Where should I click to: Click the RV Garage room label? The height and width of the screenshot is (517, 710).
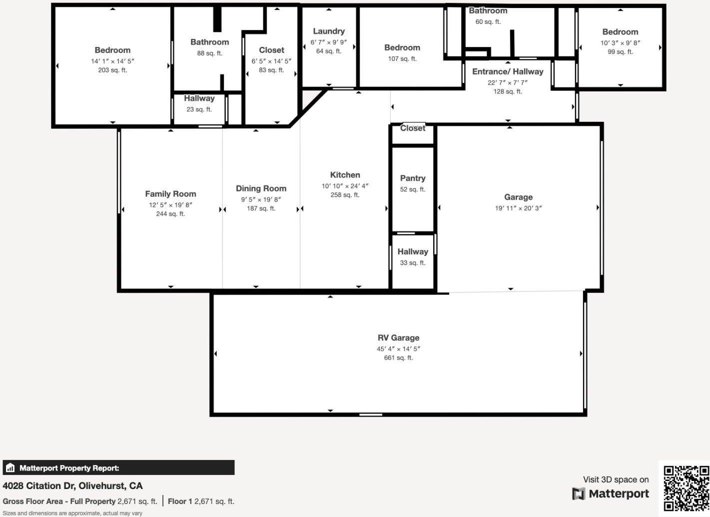point(398,338)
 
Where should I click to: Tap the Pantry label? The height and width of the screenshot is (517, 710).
point(413,178)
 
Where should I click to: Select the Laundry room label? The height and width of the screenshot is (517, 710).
point(329,31)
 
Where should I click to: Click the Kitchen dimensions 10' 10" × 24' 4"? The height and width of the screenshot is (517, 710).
point(345,186)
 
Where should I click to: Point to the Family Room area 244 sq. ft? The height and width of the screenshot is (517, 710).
point(170,214)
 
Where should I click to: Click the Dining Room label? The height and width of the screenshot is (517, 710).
point(261,188)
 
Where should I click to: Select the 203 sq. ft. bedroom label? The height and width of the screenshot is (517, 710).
point(112,50)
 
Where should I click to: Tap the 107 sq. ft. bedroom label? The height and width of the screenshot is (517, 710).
point(402,47)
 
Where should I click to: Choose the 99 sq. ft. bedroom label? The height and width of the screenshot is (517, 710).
point(620,32)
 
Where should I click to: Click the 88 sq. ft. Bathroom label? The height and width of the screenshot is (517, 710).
point(209,42)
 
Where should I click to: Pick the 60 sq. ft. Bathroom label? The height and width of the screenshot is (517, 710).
point(488,11)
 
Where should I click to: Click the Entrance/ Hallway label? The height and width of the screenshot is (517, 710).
point(508,71)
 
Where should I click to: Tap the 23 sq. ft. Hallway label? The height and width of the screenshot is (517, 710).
point(199,98)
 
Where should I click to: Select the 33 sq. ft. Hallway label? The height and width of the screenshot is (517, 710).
point(413,252)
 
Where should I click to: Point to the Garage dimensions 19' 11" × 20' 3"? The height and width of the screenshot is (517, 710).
point(518,208)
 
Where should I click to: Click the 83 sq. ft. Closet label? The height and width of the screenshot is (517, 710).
point(271,50)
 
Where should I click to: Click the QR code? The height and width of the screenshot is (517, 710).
point(686,488)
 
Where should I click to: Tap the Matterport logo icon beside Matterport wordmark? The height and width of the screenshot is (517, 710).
point(579,494)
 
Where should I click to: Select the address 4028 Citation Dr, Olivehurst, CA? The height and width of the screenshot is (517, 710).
point(72,486)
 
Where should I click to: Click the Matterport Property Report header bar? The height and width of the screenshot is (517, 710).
point(118,468)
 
